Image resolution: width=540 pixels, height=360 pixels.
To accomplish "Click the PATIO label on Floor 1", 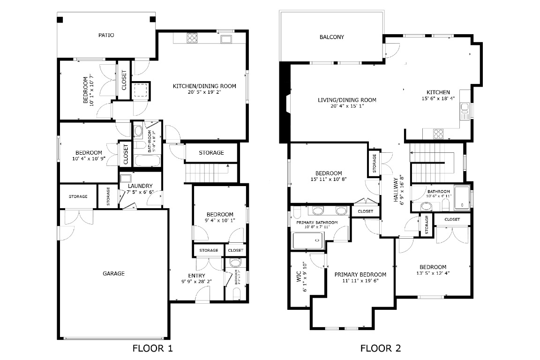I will pyautogui.click(x=106, y=35).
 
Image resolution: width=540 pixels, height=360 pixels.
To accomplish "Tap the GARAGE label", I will pyautogui.click(x=113, y=273).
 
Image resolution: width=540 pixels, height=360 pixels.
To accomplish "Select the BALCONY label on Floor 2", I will pyautogui.click(x=331, y=37).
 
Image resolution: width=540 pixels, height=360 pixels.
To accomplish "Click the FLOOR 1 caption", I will pyautogui.click(x=153, y=348).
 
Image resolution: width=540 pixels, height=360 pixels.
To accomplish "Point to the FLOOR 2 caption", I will pyautogui.click(x=380, y=348).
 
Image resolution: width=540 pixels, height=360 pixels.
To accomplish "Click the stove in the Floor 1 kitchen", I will pyautogui.click(x=192, y=37).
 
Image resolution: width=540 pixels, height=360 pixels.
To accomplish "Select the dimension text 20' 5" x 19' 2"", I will pyautogui.click(x=204, y=92).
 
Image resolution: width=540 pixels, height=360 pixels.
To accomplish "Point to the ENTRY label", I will pyautogui.click(x=196, y=276).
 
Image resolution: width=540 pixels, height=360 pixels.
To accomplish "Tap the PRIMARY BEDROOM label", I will pyautogui.click(x=360, y=275).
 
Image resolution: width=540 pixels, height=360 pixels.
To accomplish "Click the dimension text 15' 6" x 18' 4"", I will pyautogui.click(x=438, y=99).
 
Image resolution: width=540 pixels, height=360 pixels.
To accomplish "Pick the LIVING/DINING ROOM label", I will pyautogui.click(x=347, y=100).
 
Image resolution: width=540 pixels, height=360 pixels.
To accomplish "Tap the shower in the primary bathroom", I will pyautogui.click(x=307, y=241).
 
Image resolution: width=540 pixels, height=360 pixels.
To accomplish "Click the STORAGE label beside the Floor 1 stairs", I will pyautogui.click(x=211, y=153).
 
